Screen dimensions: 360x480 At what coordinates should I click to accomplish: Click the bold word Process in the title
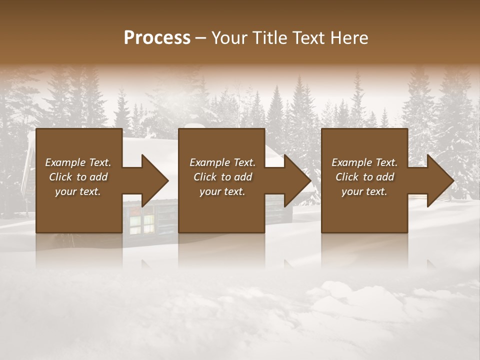(x=157, y=38)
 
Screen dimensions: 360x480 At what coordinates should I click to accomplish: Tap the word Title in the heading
(x=267, y=38)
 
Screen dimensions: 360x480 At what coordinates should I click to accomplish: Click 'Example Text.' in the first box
(x=78, y=162)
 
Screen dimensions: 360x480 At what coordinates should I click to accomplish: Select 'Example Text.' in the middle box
(x=222, y=162)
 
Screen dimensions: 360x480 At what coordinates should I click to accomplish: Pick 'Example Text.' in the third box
(x=364, y=162)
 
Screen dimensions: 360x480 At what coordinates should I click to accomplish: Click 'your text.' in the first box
(x=78, y=191)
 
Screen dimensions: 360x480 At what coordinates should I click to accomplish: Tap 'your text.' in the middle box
(x=222, y=191)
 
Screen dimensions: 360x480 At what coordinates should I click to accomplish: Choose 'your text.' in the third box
(x=364, y=191)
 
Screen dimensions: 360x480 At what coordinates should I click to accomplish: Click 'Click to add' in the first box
(x=78, y=177)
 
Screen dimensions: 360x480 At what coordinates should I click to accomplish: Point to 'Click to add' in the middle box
(x=222, y=177)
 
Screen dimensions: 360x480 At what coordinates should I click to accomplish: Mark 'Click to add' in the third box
(x=364, y=177)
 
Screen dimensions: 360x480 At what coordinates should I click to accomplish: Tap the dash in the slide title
(x=201, y=38)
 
